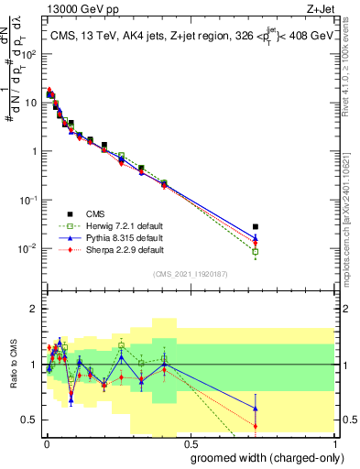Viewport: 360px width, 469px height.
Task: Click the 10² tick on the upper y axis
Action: (x=32, y=54)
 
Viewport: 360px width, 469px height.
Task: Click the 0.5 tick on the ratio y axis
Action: (x=33, y=420)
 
